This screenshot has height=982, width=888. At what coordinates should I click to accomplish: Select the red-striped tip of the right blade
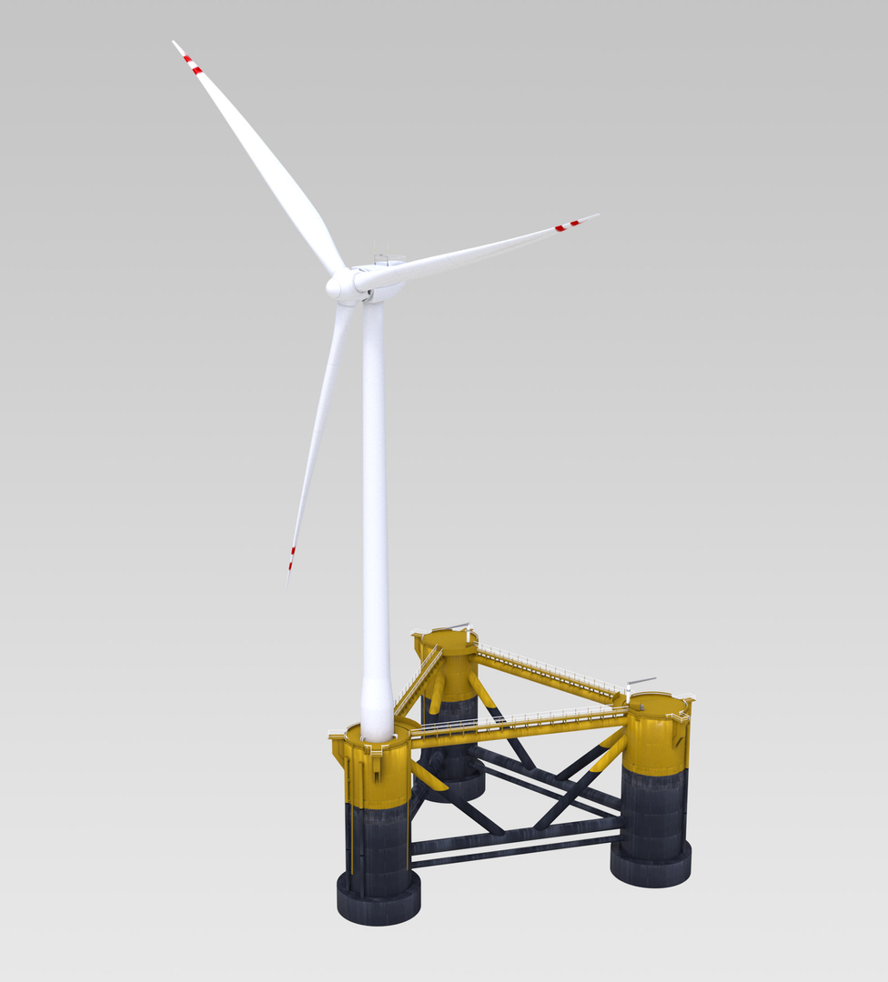tap(570, 225)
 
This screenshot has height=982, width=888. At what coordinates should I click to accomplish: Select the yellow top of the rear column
tap(447, 640)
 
